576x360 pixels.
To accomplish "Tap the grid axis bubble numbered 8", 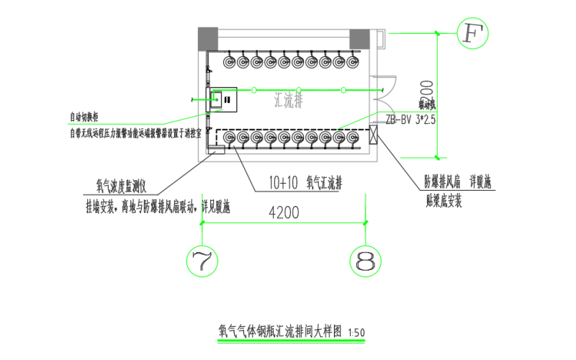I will [366, 261].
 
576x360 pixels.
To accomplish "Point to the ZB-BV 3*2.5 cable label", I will [411, 120].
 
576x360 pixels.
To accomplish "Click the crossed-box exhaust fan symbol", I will [374, 135].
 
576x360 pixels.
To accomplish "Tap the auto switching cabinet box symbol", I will [223, 99].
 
